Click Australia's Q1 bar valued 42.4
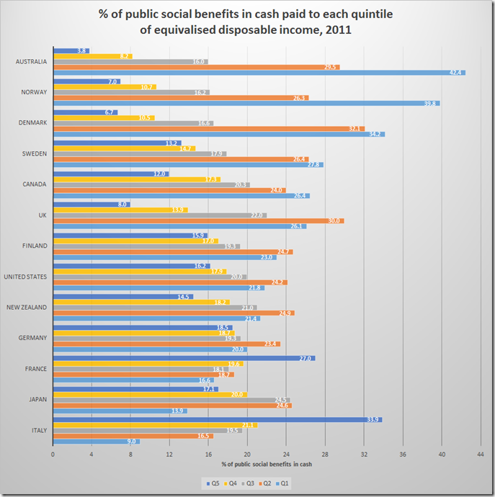pos(259,73)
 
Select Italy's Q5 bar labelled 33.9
pos(218,419)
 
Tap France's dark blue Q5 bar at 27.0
pos(184,358)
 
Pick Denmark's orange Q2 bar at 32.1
pos(209,129)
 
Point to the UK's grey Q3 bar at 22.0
pos(160,215)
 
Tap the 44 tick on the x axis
pos(481,455)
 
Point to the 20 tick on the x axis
pos(248,455)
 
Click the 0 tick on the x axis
pos(53,455)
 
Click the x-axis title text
pos(267,463)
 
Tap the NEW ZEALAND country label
pos(27,308)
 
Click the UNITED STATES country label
pos(25,277)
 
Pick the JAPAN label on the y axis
pos(37,400)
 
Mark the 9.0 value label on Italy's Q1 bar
pos(131,442)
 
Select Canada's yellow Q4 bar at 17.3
pos(137,179)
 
